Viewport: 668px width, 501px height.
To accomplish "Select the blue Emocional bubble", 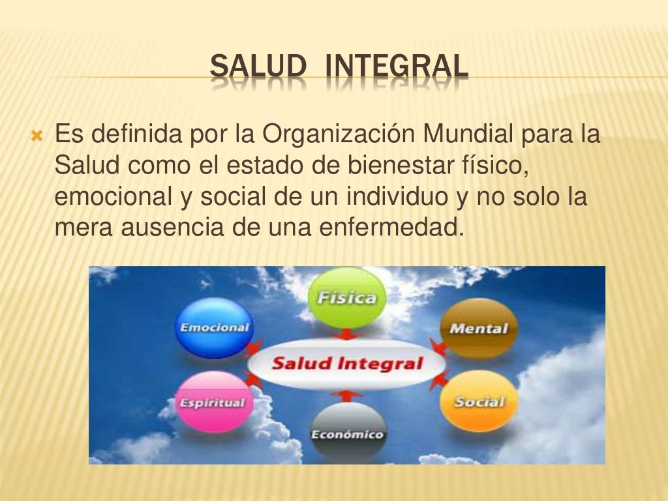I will tap(214, 327).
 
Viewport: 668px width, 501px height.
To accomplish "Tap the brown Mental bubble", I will tap(478, 328).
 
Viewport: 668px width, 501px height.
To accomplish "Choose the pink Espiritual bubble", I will tap(211, 401).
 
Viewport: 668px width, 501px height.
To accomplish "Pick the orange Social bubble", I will tap(479, 401).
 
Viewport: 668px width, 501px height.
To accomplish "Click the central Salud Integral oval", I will tap(346, 363).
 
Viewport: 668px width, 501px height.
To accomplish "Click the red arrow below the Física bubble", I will tap(346, 335).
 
